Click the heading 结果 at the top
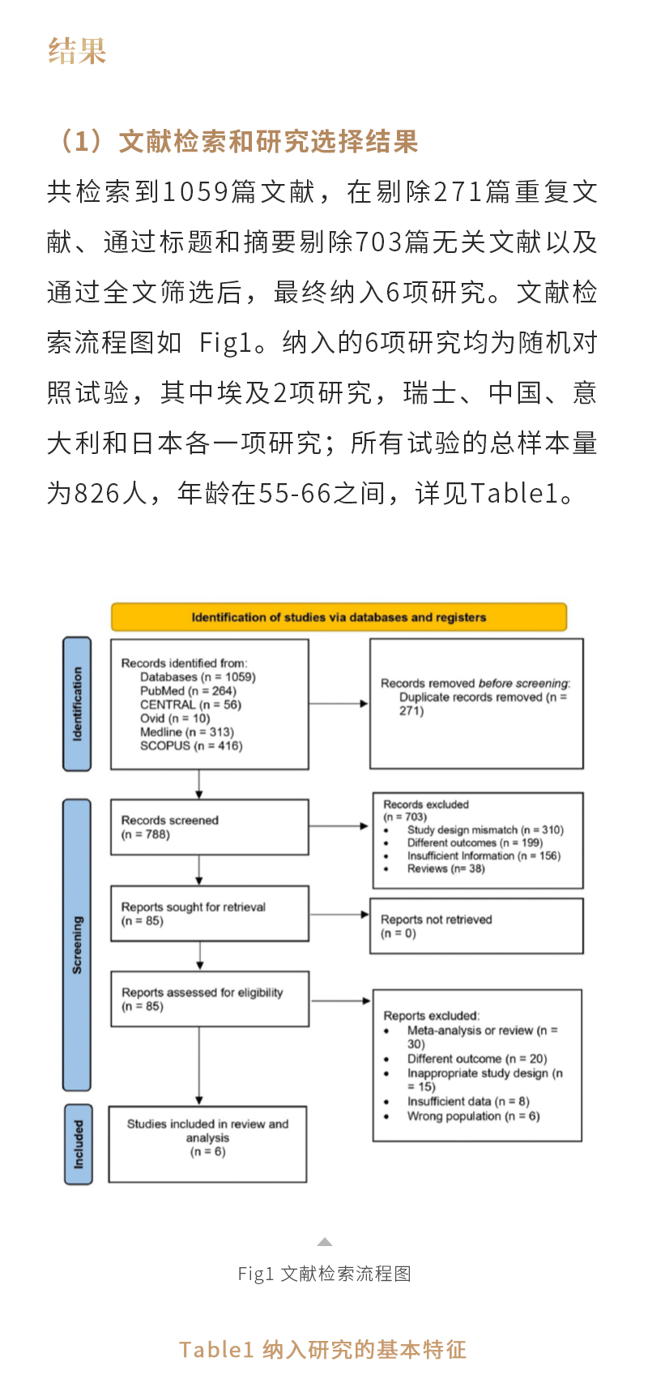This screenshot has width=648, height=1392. coord(77,51)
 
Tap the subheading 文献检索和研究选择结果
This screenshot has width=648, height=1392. coord(267,142)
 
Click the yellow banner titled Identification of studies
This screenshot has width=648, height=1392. coord(339,617)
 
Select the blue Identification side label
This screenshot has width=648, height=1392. coord(77,704)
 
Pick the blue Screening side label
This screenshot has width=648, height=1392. coord(77,944)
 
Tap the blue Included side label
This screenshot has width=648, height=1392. coord(78,1144)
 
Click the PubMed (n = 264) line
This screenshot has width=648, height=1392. coord(188,691)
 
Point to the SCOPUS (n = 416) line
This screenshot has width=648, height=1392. coord(191,746)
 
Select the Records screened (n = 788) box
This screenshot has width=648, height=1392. coord(209,827)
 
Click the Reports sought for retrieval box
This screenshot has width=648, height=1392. coord(209,914)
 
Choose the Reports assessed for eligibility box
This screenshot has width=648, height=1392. coord(209,999)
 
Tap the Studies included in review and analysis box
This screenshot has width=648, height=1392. coord(207,1144)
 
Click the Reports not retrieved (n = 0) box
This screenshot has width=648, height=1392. coord(476,926)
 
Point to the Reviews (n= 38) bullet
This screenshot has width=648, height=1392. coord(446,868)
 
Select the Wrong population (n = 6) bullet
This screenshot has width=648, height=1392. coord(473,1116)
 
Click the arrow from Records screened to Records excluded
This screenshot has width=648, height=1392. coord(339,826)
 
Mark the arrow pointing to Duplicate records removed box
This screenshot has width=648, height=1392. coord(339,704)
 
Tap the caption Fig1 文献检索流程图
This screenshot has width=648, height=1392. coord(324,1274)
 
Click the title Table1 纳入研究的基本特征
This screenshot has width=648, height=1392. coord(323,1350)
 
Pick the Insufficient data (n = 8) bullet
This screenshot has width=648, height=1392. coord(468,1102)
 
